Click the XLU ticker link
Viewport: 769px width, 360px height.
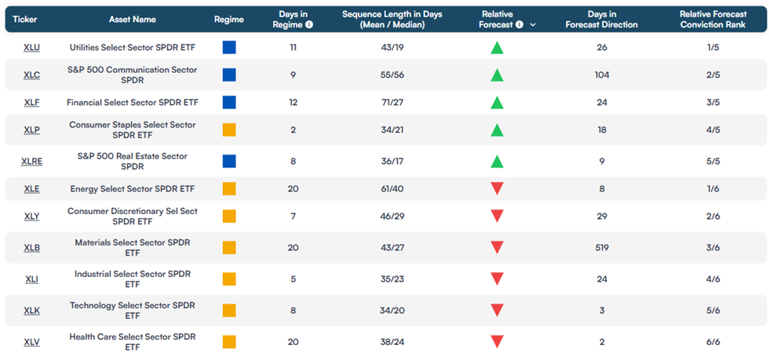tap(32, 48)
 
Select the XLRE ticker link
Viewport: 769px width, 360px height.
tap(32, 162)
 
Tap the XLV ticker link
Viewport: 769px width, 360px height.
tap(32, 342)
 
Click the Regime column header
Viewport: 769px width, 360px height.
tap(229, 20)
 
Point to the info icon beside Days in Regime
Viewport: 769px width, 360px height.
tap(309, 24)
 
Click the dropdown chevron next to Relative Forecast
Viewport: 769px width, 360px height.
tap(533, 24)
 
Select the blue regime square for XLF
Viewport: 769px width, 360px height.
tap(229, 103)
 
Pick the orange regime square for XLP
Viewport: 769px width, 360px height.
tap(229, 130)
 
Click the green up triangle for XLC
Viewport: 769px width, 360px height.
tap(497, 75)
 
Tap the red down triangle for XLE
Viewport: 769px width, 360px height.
tap(497, 189)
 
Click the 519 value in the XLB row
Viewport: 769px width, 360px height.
tap(601, 248)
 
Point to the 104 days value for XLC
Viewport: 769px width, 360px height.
tap(601, 75)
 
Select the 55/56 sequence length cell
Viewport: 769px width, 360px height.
tap(392, 75)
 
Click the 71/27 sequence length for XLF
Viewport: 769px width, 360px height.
tap(392, 103)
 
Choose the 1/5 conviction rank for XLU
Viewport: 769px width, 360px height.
tap(713, 48)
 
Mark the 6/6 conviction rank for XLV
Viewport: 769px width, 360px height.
tap(713, 342)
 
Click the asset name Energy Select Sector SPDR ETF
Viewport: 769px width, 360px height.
tap(133, 189)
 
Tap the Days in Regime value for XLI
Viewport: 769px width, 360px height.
tap(293, 279)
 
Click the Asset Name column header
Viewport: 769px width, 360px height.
tap(133, 20)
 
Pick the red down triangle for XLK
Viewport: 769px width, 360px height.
tap(497, 311)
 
